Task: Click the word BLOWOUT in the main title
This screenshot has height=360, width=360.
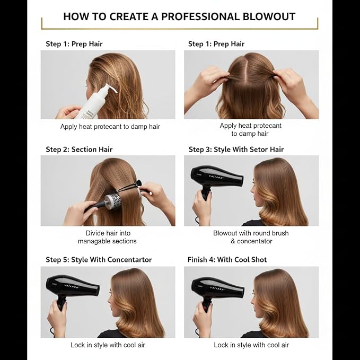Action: [269, 16]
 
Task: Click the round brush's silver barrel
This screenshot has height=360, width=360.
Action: [113, 201]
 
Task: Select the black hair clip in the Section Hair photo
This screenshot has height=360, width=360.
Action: [129, 186]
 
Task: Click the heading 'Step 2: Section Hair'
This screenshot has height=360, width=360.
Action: [79, 150]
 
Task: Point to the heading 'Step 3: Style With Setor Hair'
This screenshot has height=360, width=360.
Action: [236, 150]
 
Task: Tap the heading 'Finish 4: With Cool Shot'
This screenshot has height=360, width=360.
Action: [227, 260]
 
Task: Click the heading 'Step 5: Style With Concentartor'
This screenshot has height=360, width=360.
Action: [99, 260]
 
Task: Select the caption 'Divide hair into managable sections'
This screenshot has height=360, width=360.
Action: [107, 237]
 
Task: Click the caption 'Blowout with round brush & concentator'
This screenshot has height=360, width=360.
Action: [251, 237]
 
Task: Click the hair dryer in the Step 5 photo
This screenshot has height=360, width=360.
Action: [70, 289]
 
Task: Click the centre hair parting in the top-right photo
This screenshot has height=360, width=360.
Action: [250, 69]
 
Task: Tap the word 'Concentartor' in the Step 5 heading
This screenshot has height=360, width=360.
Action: [129, 260]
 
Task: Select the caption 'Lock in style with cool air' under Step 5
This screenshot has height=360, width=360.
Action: [108, 345]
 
